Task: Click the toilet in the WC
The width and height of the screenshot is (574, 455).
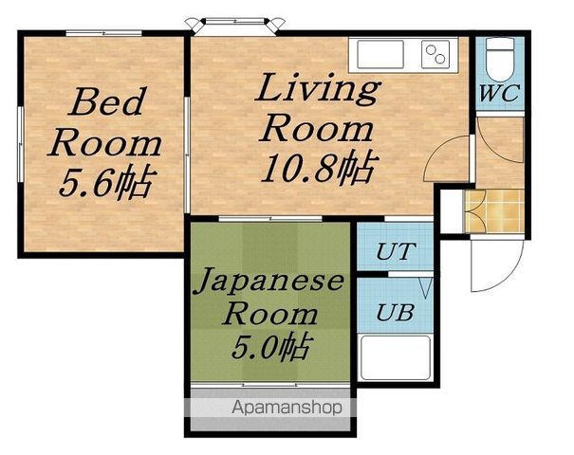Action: point(499,60)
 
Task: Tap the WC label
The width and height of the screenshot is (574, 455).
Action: point(499,93)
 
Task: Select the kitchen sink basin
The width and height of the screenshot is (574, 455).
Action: point(380,54)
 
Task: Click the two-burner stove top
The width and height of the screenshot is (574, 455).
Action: point(435,54)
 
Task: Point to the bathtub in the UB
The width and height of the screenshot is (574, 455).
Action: point(396,357)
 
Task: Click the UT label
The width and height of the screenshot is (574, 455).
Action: point(396,251)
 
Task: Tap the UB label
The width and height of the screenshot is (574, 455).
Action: point(395,313)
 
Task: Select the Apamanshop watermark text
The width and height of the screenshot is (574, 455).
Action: point(287,408)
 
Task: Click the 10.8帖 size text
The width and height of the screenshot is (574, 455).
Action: point(319,168)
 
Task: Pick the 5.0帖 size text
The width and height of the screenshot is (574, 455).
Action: point(271,346)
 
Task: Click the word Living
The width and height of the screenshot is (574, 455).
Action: point(318,88)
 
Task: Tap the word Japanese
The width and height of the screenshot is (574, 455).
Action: point(270,282)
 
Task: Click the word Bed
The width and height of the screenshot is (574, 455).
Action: point(106,100)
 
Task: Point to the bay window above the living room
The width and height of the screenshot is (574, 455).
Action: point(234,26)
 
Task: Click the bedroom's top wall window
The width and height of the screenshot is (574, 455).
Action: point(103,33)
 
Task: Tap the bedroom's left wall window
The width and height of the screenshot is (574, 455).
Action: point(21,144)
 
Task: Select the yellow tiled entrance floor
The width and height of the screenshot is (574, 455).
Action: point(494,211)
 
